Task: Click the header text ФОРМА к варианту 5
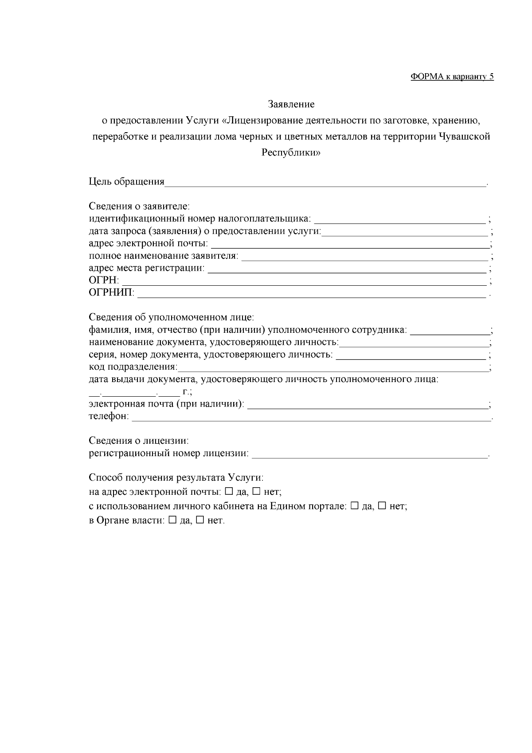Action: (x=452, y=77)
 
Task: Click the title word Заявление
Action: (x=291, y=104)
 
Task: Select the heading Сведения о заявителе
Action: (x=139, y=206)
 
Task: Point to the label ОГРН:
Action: (x=104, y=281)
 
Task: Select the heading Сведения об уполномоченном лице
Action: (x=171, y=318)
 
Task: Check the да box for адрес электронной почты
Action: (x=229, y=492)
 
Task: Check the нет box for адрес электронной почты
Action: (x=256, y=492)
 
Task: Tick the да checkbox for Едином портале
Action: (x=354, y=506)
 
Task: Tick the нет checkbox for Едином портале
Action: (x=382, y=506)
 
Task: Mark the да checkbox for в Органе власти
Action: (x=172, y=520)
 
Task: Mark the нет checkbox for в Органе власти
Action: (x=200, y=520)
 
